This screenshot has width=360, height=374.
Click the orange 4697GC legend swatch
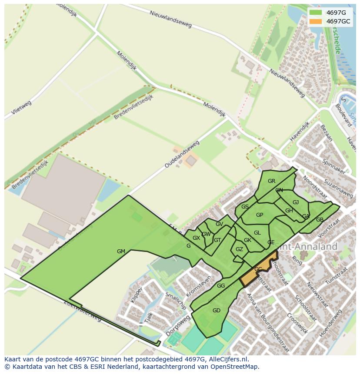(x=316, y=21)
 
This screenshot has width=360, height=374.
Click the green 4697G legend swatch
(x=316, y=13)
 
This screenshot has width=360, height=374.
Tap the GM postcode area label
(x=121, y=251)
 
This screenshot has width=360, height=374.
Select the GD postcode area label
(x=217, y=310)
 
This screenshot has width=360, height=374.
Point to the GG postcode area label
(x=221, y=285)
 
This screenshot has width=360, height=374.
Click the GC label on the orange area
(x=258, y=269)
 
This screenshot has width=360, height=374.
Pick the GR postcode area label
(x=271, y=181)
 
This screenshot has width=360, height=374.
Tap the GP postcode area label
(x=260, y=215)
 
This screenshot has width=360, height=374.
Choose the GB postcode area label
(x=320, y=219)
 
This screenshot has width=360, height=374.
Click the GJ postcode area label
(x=296, y=202)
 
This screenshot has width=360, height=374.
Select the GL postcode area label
(x=257, y=233)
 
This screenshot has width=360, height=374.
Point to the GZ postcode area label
(x=239, y=249)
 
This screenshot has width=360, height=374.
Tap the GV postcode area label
(x=219, y=224)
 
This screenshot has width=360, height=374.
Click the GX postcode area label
(x=196, y=238)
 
